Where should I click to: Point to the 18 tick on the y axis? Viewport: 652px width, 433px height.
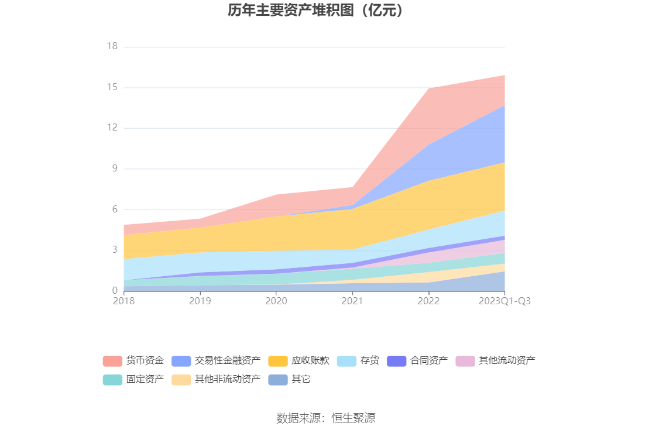click(112, 47)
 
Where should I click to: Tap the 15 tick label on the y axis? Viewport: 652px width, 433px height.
click(112, 88)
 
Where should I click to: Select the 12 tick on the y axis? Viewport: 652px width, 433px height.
click(112, 128)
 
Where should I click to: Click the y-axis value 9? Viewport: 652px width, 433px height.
click(114, 169)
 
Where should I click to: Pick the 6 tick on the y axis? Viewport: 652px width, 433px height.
click(114, 209)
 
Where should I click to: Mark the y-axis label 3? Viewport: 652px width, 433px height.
click(114, 250)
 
